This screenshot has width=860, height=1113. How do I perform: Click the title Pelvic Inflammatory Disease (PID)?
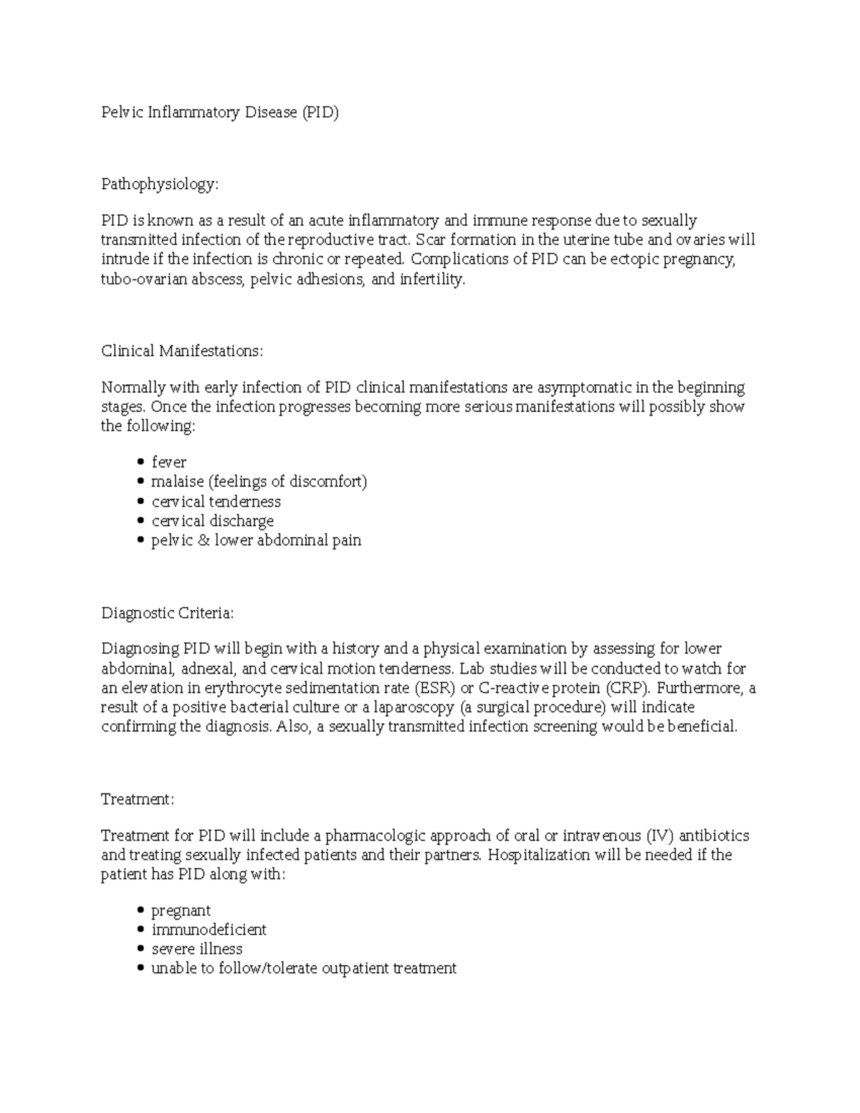(219, 113)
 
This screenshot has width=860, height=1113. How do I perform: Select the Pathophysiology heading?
(159, 184)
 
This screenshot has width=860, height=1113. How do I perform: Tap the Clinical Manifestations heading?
(182, 351)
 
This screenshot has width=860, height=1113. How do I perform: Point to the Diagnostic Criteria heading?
(168, 613)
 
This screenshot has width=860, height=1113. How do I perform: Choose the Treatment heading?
(137, 799)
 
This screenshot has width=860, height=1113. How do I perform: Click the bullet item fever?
(169, 462)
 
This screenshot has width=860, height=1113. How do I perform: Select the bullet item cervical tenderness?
(216, 502)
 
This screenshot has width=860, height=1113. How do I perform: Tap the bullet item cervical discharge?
(212, 521)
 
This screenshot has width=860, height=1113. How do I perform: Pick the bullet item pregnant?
(181, 911)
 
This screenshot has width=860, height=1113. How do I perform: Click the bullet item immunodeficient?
(209, 930)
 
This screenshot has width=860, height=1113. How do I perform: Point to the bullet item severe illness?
(196, 950)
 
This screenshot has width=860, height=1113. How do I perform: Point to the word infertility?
(432, 280)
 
